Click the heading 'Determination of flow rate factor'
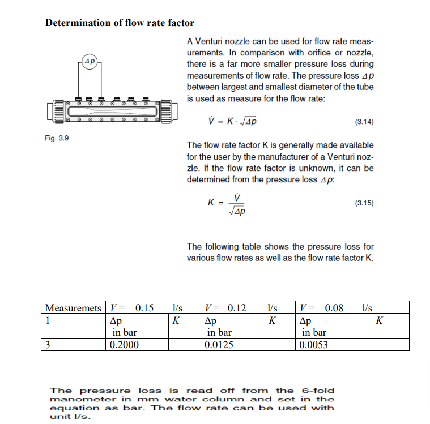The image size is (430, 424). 120,23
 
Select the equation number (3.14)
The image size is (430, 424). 364,122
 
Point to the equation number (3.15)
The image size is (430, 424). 364,203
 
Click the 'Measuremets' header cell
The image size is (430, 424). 74,309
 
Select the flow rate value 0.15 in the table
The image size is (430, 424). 144,309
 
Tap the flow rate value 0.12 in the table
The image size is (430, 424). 237,309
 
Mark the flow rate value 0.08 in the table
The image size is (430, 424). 334,309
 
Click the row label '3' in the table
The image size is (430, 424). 48,345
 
